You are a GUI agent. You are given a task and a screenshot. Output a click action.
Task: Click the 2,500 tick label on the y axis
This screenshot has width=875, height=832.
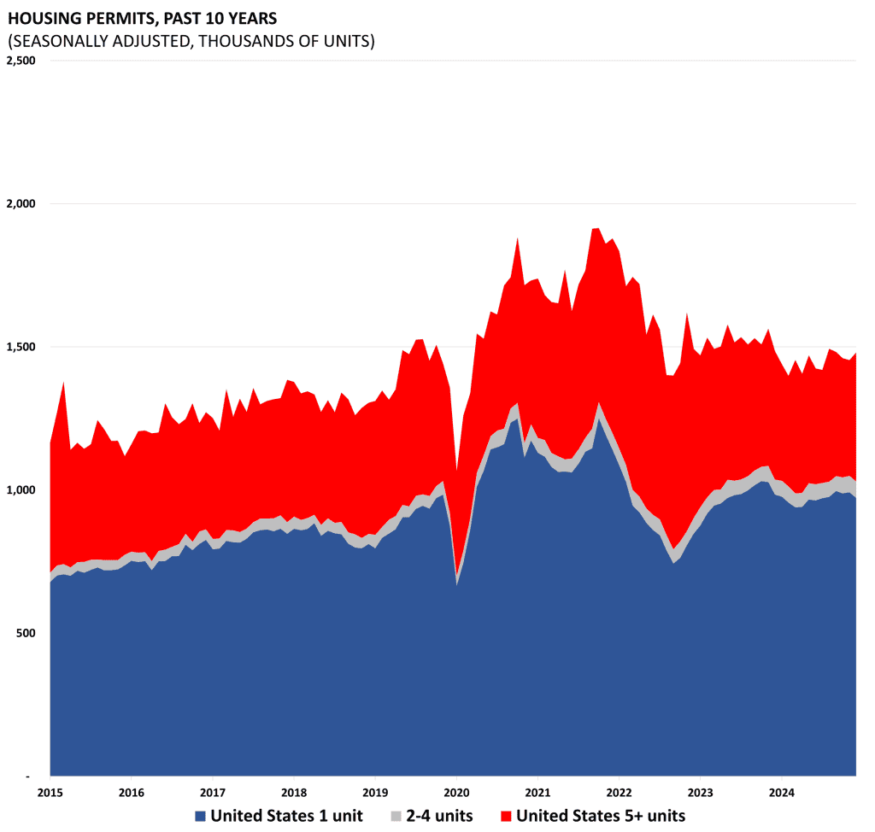21,61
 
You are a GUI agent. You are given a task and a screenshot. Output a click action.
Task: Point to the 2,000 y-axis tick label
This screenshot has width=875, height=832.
21,204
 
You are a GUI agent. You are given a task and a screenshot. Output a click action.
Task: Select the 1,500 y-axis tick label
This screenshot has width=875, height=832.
21,347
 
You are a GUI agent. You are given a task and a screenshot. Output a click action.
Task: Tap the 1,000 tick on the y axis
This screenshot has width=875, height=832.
21,489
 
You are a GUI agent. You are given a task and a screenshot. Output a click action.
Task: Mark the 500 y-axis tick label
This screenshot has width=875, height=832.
26,633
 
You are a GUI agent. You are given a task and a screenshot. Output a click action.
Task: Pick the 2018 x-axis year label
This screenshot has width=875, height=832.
293,790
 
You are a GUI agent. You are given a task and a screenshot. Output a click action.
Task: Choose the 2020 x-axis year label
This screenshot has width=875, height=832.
456,790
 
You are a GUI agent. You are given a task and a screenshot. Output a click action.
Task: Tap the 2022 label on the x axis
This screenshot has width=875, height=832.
619,790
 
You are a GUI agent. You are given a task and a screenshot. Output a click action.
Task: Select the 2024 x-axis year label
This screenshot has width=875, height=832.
782,790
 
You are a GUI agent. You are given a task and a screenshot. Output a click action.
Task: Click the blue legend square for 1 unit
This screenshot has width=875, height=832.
200,816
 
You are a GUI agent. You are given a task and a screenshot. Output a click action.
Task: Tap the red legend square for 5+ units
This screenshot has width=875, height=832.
505,816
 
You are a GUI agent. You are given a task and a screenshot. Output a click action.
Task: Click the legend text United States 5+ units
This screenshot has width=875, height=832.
600,816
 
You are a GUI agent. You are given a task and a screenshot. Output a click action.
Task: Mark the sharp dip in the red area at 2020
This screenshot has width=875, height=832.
457,513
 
